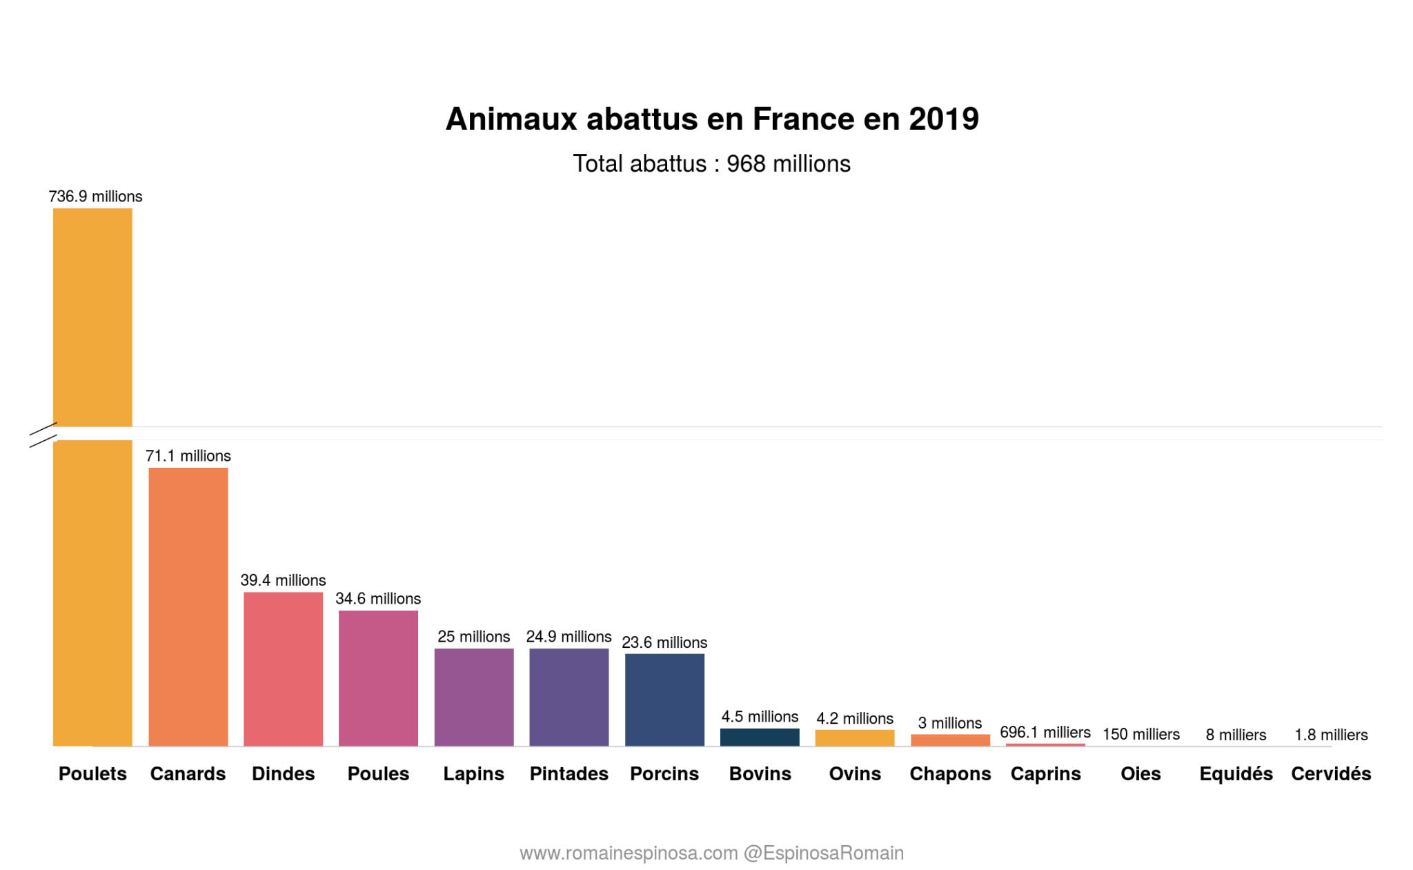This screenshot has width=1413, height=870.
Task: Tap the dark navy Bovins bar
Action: click(759, 736)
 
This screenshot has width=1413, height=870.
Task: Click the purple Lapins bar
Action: click(473, 696)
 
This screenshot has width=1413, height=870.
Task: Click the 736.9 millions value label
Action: click(95, 197)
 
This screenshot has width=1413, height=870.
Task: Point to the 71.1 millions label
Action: click(188, 456)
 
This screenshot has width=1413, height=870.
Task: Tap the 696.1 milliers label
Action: click(1045, 732)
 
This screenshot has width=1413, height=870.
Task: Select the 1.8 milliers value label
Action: click(1330, 735)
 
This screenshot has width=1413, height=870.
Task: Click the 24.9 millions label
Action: click(569, 636)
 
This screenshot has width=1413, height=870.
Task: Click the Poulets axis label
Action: click(92, 773)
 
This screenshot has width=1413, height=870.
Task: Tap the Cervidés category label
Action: click(1330, 773)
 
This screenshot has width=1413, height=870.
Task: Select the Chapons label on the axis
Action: click(949, 773)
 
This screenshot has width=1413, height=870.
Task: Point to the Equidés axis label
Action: click(1235, 773)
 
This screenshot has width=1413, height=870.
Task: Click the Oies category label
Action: click(1140, 773)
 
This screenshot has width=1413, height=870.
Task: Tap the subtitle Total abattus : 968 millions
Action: click(711, 164)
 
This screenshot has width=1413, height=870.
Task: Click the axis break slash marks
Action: click(43, 435)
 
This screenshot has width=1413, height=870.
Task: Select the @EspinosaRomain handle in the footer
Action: click(823, 853)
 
